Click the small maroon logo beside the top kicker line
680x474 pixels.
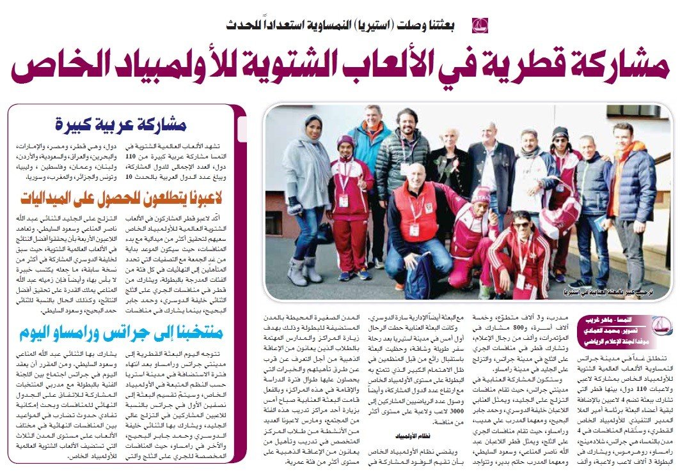[480, 26]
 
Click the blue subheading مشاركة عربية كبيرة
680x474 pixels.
[129, 124]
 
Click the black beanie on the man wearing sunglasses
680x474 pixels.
[560, 132]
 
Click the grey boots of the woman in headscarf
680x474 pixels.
[305, 271]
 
